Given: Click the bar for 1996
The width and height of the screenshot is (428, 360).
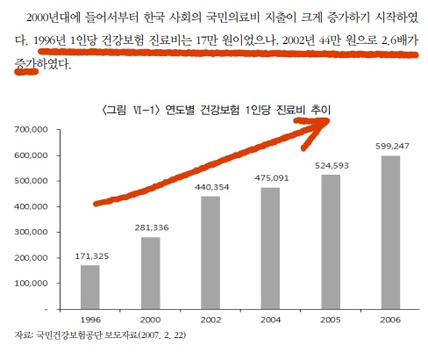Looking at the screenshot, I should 89,287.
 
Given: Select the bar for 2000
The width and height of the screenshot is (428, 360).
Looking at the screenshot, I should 150,273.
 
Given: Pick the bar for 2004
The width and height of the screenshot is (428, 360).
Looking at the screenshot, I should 271,248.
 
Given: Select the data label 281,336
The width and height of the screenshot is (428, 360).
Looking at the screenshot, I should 150,228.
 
